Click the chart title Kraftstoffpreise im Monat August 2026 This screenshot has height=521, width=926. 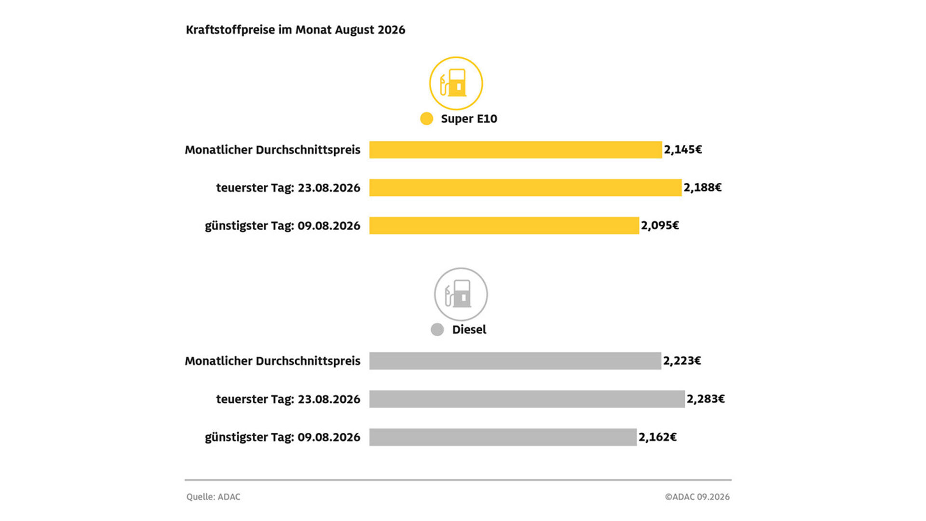point(295,30)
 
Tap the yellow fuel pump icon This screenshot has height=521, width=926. point(456,83)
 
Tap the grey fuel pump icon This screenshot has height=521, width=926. point(461,294)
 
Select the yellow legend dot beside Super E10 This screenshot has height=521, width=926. point(426,119)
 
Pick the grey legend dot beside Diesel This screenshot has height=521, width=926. point(437,330)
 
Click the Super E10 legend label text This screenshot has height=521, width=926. point(469,119)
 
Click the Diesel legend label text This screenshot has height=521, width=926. point(469,330)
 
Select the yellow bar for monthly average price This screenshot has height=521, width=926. point(516,150)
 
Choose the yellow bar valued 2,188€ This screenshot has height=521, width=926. point(526,188)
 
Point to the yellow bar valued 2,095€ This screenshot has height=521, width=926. point(504,226)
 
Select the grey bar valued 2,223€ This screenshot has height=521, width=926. point(515,361)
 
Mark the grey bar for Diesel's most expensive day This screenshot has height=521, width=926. point(527,399)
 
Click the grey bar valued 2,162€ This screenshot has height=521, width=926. point(503,437)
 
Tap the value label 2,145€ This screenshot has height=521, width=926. point(683,150)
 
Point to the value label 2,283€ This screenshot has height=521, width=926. point(706,399)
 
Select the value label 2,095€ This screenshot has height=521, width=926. point(660,226)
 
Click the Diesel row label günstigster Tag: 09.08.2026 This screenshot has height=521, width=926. point(283,438)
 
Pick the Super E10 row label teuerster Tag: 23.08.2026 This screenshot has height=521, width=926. point(288,188)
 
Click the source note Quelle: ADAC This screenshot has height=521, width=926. point(213,497)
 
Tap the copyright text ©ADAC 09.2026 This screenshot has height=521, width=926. point(697,497)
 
